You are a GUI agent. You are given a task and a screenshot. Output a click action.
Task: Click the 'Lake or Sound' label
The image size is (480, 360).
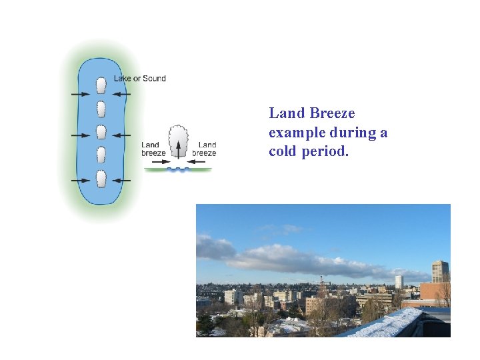139,79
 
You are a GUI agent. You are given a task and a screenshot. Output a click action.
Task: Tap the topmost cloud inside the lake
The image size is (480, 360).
101,85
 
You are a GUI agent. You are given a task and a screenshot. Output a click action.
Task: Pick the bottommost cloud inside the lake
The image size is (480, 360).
101,179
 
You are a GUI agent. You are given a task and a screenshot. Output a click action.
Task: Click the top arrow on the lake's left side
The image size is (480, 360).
81,95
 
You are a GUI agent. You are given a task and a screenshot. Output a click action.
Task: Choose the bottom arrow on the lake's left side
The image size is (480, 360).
81,181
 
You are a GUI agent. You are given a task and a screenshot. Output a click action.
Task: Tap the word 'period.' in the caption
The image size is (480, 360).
326,151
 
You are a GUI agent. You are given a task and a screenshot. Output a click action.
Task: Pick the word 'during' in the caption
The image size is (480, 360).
353,133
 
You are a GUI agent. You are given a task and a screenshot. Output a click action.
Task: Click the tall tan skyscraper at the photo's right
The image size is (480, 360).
439,271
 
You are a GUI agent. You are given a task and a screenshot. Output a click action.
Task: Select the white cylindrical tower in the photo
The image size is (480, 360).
399,281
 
